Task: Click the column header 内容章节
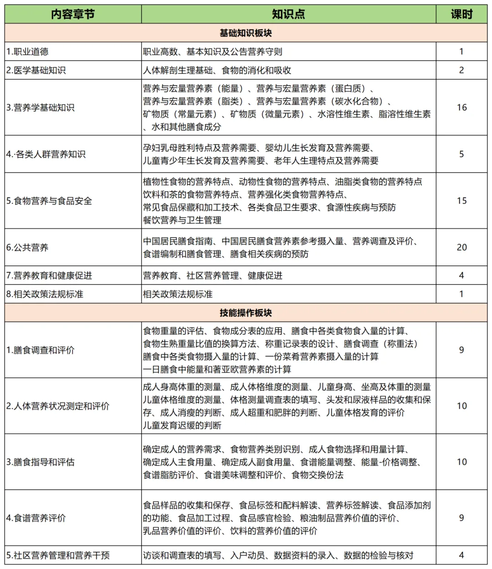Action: (73, 14)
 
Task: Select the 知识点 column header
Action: (288, 14)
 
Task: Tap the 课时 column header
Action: (461, 14)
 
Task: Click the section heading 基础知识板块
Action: (246, 33)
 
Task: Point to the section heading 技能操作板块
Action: (246, 313)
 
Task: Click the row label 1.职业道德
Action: (27, 52)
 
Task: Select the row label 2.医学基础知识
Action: (36, 71)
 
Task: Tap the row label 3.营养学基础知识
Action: (40, 108)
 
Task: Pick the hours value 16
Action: (461, 108)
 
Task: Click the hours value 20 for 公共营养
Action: (461, 247)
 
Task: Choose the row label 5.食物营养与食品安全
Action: (49, 201)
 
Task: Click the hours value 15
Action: (461, 201)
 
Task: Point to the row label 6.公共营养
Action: (27, 248)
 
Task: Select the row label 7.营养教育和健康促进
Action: (49, 275)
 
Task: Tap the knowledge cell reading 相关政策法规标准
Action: (178, 294)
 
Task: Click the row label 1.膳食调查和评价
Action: (40, 350)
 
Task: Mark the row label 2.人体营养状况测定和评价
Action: (58, 406)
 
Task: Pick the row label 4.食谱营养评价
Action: (36, 518)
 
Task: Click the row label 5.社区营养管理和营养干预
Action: (58, 555)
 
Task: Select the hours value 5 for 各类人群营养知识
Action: (461, 154)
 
